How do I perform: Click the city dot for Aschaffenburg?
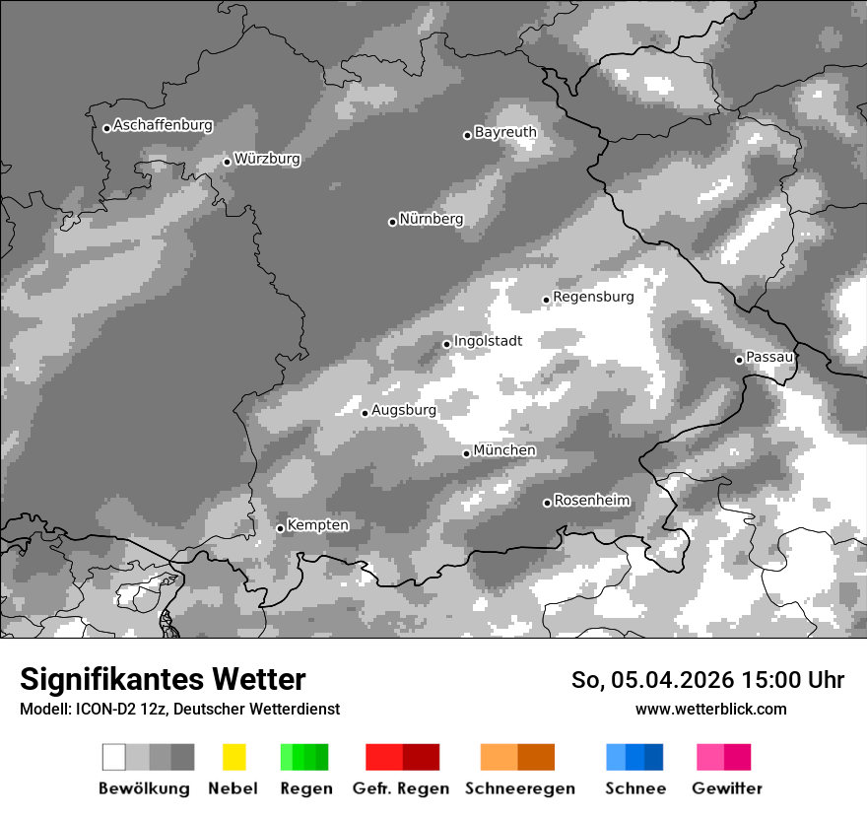click(106, 128)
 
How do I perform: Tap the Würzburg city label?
click(267, 159)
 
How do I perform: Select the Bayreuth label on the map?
click(505, 132)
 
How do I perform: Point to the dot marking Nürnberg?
click(392, 222)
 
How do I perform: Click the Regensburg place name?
click(593, 297)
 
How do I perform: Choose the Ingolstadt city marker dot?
click(446, 344)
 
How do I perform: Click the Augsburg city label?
click(404, 410)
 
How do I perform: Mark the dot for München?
click(467, 453)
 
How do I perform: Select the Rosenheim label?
click(592, 501)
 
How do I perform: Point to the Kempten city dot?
click(280, 528)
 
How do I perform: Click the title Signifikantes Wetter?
click(163, 679)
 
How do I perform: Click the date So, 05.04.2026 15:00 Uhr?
click(707, 680)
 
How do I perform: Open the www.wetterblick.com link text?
click(711, 709)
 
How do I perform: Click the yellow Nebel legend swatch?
click(233, 757)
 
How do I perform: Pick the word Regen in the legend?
click(306, 788)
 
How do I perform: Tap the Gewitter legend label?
click(727, 788)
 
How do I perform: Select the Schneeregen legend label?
click(520, 788)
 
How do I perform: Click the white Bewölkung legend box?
click(114, 757)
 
